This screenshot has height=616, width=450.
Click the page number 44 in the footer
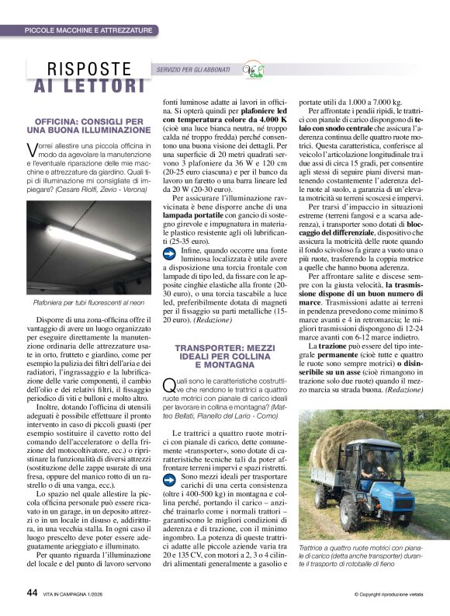coord(32,592)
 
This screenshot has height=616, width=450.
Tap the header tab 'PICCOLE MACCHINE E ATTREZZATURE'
coord(88,30)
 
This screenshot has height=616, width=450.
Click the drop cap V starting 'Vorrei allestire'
coord(32,148)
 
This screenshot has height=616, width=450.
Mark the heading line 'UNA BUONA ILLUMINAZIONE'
coord(89,131)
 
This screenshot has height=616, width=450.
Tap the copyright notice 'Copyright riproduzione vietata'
coord(388,593)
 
